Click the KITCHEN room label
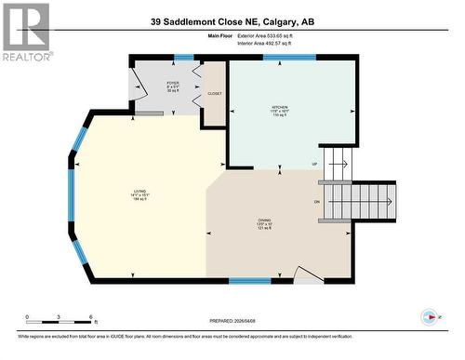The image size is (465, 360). [280, 109]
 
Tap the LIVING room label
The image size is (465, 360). [139, 195]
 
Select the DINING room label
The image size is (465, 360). [264, 223]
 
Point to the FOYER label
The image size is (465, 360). [173, 85]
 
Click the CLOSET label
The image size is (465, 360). [214, 94]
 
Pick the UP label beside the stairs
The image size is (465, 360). [314, 164]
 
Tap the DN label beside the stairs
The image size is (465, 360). [317, 202]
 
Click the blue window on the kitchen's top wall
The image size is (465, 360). [288, 58]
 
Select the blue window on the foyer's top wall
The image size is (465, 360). [184, 58]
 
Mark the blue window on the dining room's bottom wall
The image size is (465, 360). [249, 280]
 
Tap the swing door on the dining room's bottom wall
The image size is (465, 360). [308, 273]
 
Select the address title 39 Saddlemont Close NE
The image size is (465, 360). [232, 21]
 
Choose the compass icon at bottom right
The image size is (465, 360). [429, 316]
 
